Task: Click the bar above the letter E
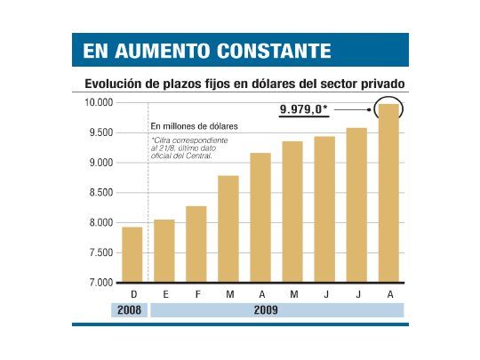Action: pyautogui.click(x=164, y=252)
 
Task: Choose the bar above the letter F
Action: pyautogui.click(x=196, y=244)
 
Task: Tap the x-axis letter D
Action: pyautogui.click(x=132, y=293)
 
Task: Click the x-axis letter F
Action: pyautogui.click(x=196, y=293)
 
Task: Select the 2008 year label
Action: pyautogui.click(x=132, y=310)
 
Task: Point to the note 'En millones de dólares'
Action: pyautogui.click(x=188, y=127)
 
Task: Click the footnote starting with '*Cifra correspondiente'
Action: pyautogui.click(x=188, y=148)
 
